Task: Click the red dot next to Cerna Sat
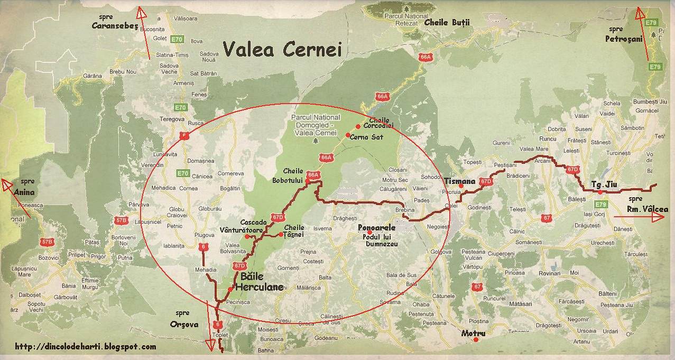348,135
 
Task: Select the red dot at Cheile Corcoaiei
358,126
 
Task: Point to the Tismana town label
460,180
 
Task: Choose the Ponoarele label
376,227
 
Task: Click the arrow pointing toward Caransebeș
143,32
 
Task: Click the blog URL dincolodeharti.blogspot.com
86,347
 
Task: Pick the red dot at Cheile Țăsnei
281,234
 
